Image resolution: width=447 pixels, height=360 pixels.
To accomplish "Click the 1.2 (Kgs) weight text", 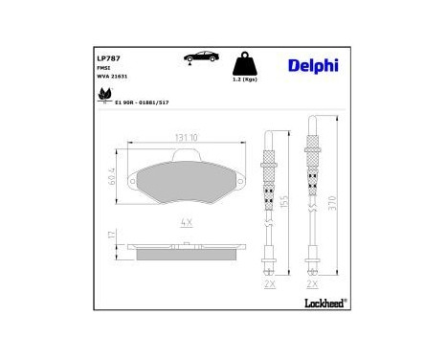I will coord(247,80).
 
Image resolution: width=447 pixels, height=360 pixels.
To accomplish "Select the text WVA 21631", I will coord(111,77).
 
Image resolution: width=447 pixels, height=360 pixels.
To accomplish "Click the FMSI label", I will coord(103,68).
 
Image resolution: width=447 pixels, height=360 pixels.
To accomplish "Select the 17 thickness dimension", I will coord(111,235).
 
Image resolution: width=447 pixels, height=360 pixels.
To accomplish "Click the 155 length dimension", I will coord(286,203).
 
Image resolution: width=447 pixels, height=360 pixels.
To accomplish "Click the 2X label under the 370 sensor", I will coord(312,284).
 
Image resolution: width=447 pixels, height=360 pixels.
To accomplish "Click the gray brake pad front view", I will coord(186,181).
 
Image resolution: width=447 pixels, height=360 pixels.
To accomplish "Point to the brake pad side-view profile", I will coord(186,251).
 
